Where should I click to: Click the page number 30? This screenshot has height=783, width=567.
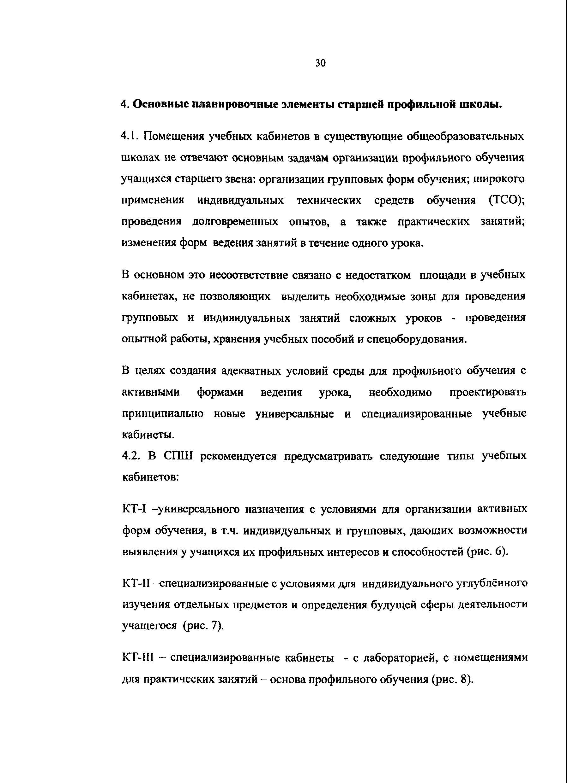point(320,63)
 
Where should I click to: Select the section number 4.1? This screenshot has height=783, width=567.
point(130,136)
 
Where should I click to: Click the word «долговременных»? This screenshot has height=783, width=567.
point(235,222)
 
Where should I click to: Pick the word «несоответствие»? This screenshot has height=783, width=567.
point(247,275)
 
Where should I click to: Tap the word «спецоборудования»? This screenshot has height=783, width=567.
point(417,339)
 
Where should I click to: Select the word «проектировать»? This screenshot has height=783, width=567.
point(488,393)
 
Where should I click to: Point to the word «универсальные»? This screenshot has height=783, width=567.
point(295,414)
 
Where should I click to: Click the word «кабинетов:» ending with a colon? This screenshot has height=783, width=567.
point(150,477)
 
